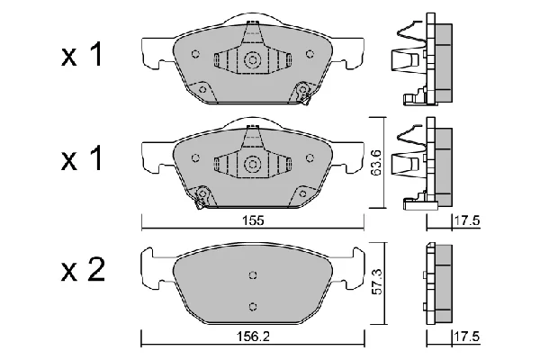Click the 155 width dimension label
tap(253, 220)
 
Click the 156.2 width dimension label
tap(253, 337)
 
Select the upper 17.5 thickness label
tap(467, 220)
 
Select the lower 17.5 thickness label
tap(467, 337)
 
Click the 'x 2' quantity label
tap(83, 270)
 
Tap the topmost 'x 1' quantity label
tap(82, 54)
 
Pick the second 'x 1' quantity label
tap(82, 158)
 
